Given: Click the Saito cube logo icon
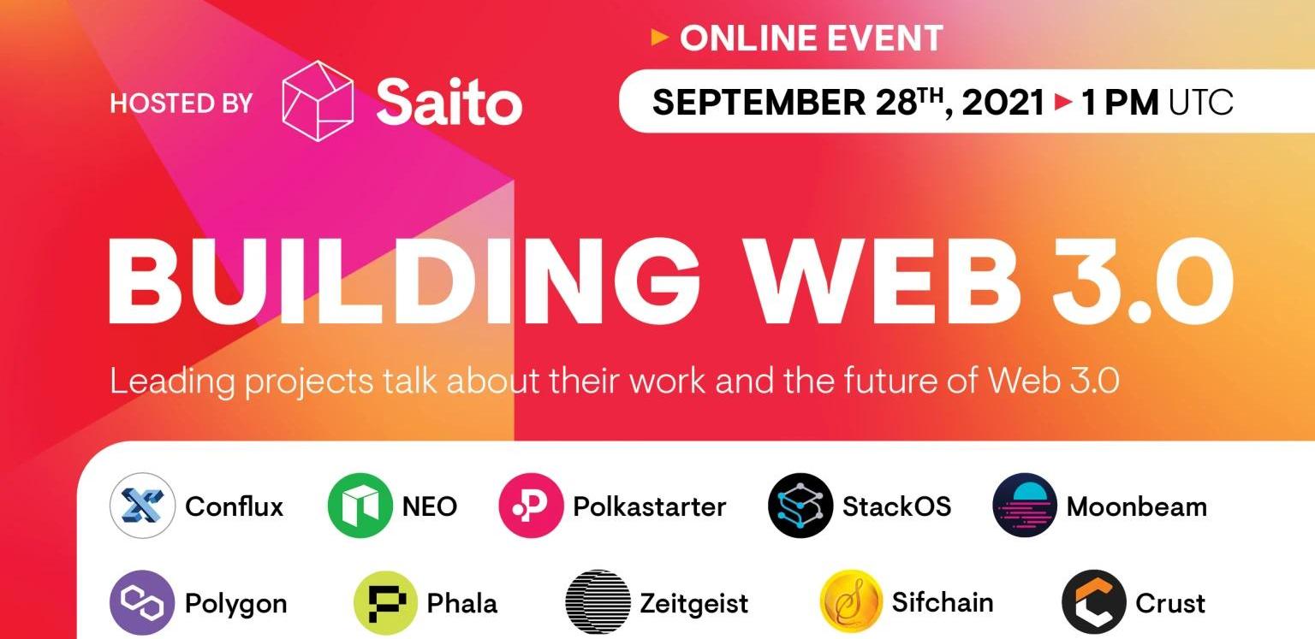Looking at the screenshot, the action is click(x=318, y=101).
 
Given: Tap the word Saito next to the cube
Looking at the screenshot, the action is click(x=449, y=102).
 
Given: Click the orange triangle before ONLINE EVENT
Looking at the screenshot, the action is click(x=660, y=38).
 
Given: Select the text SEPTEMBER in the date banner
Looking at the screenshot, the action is click(x=759, y=102).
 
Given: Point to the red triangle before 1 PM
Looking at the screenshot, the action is click(x=1063, y=102).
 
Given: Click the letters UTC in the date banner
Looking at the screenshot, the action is click(x=1200, y=103).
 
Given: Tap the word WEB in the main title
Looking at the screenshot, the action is click(x=880, y=281).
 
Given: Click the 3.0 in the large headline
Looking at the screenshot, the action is click(x=1143, y=281).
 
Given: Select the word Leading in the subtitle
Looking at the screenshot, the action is click(x=172, y=382).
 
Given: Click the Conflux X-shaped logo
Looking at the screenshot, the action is click(x=142, y=506).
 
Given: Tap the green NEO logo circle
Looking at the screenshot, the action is click(x=360, y=506).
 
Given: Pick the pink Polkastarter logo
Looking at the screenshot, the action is click(x=531, y=506).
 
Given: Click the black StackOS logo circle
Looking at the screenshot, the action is click(x=800, y=506).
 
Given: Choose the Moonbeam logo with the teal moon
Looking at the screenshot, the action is click(x=1025, y=506).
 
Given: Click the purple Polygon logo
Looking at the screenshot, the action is click(x=142, y=602).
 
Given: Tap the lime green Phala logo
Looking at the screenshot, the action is click(x=386, y=602).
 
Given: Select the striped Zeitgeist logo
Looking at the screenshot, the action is click(x=598, y=602).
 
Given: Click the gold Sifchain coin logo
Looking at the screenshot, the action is click(x=851, y=602).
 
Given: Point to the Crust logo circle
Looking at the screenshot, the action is click(x=1094, y=602).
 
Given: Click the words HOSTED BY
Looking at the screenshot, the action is click(x=181, y=104).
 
